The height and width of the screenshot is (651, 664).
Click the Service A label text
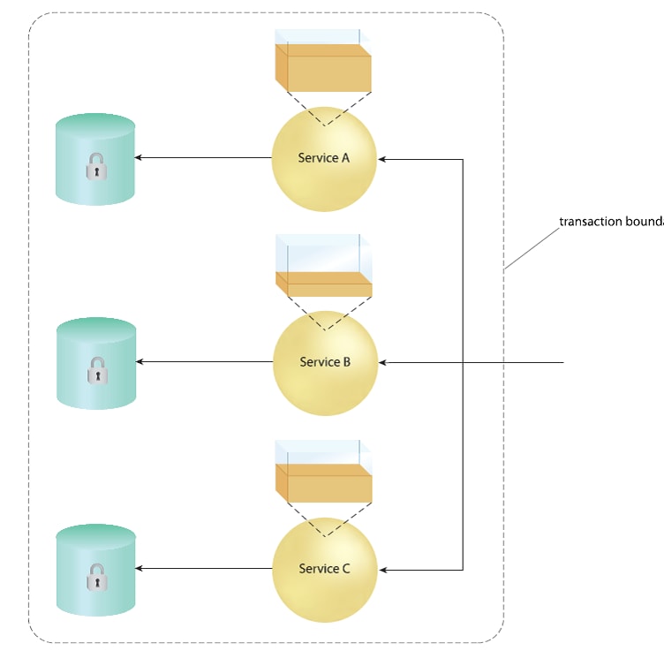pyautogui.click(x=323, y=158)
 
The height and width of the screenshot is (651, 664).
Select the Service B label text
pyautogui.click(x=325, y=362)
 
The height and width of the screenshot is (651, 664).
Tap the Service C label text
pyautogui.click(x=324, y=569)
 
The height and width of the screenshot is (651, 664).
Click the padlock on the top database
pyautogui.click(x=96, y=166)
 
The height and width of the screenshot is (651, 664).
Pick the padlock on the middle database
pyautogui.click(x=96, y=371)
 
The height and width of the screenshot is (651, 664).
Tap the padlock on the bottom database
pyautogui.click(x=96, y=578)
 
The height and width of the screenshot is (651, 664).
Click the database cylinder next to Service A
pyautogui.click(x=95, y=159)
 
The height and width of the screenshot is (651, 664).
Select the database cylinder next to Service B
pyautogui.click(x=96, y=363)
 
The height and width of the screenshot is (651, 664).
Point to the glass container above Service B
pyautogui.click(x=324, y=265)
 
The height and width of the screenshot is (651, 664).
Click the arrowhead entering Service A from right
pyautogui.click(x=383, y=159)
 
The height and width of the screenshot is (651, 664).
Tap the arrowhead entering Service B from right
pyautogui.click(x=383, y=362)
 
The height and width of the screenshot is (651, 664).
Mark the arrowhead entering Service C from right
pyautogui.click(x=383, y=570)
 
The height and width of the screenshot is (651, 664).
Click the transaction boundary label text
pyautogui.click(x=611, y=221)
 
